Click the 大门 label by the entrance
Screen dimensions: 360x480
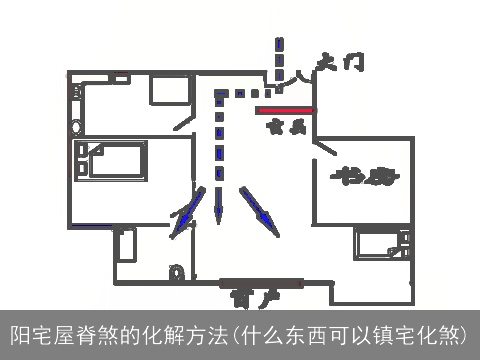click(x=338, y=63)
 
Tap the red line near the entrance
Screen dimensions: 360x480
click(x=286, y=110)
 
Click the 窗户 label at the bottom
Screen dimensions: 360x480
click(x=248, y=298)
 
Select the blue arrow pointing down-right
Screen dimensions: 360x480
click(x=262, y=211)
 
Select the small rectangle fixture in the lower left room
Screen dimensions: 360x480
click(x=126, y=245)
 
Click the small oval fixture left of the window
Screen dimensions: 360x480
click(x=177, y=270)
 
